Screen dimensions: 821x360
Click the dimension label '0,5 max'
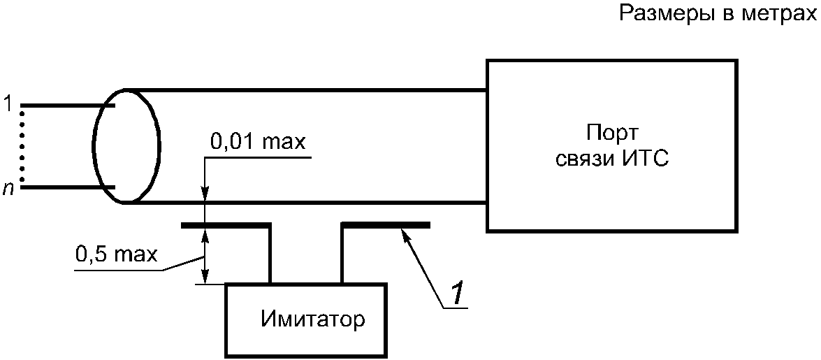point(117,255)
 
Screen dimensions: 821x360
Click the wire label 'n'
point(7,189)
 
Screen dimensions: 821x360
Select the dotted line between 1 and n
point(22,145)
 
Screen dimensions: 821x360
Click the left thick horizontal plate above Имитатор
point(226,225)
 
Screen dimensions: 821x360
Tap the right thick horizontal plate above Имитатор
point(386,225)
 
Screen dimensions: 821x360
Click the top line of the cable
point(306,89)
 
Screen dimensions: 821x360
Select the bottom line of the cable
point(306,202)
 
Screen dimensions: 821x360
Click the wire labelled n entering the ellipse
point(67,187)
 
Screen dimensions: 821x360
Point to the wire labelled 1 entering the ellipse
point(67,106)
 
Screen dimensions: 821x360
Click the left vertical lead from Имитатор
point(270,254)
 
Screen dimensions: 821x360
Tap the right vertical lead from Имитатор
point(342,254)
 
